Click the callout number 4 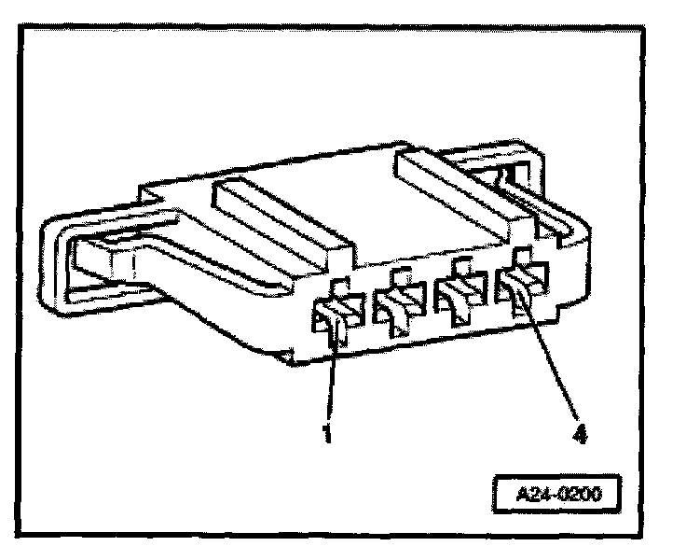tap(579, 434)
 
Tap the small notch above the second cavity tap(402, 274)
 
